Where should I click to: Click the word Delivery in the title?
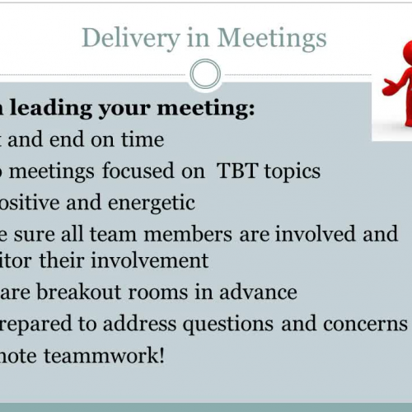[x=124, y=38]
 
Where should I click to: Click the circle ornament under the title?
[x=205, y=75]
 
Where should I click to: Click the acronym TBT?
[x=236, y=171]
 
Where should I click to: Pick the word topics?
[x=289, y=172]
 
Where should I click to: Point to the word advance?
[x=264, y=293]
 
